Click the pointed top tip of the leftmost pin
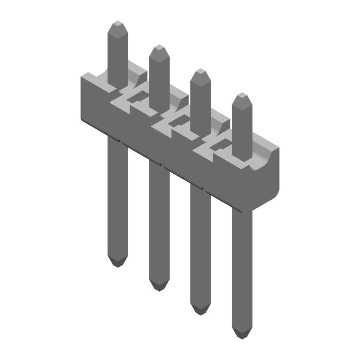pyautogui.click(x=118, y=22)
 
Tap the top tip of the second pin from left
pyautogui.click(x=159, y=47)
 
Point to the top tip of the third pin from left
pyautogui.click(x=200, y=71)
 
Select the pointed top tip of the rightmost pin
pyautogui.click(x=242, y=95)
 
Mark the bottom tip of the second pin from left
pyautogui.click(x=159, y=288)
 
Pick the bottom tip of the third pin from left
pyautogui.click(x=200, y=311)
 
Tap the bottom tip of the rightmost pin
pyautogui.click(x=242, y=336)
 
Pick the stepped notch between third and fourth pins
pyautogui.click(x=217, y=148)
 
